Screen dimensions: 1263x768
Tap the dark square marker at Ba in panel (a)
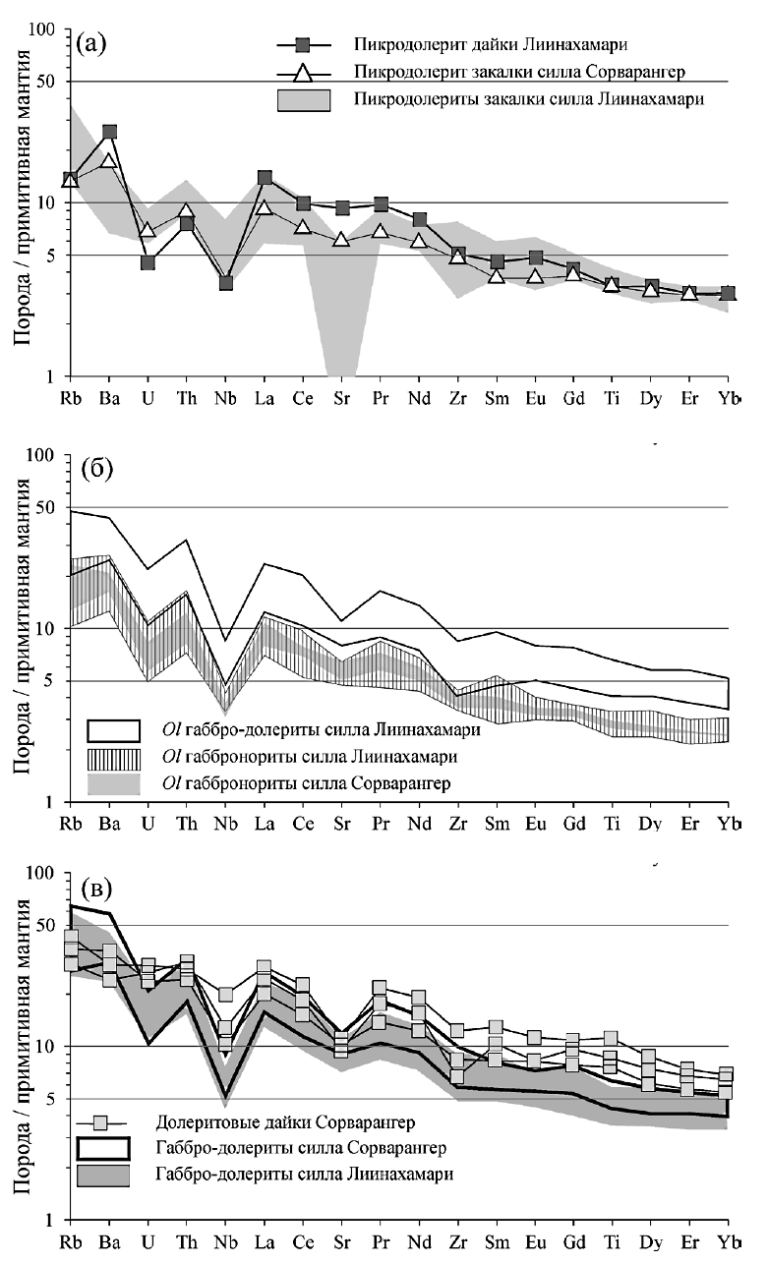point(109,132)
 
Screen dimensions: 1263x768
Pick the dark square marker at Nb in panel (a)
point(225,283)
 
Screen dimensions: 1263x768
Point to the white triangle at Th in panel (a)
point(187,211)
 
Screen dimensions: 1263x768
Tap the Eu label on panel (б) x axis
point(535,822)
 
